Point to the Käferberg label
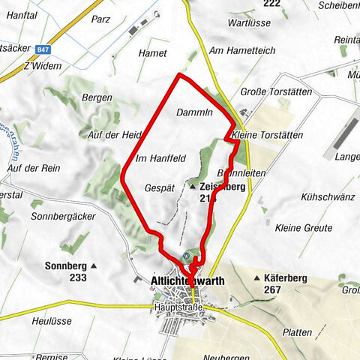[286, 278]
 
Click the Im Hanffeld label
[160, 158]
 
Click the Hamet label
[153, 53]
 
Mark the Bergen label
[97, 97]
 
